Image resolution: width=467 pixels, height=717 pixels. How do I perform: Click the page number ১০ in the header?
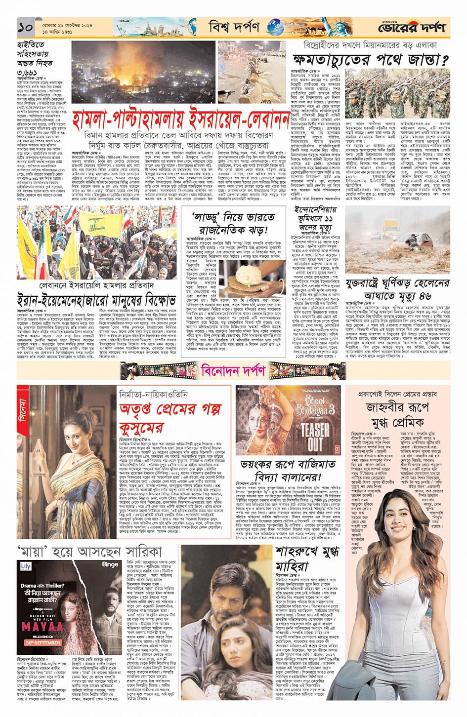pos(26,28)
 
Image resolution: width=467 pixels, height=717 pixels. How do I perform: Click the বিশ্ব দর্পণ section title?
pos(234,28)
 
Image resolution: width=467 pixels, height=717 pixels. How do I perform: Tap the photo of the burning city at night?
pos(143,73)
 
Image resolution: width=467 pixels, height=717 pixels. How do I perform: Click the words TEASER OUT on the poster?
pos(315,436)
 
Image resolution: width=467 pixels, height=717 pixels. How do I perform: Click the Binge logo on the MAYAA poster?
pos(110,564)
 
